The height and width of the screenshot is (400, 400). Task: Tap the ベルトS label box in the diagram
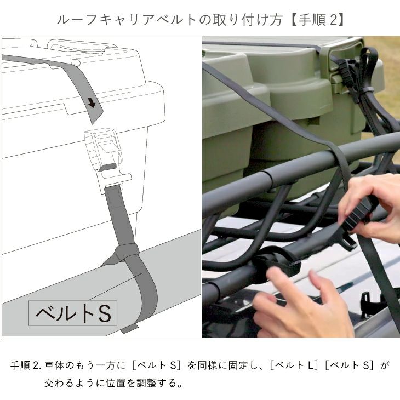[73, 313]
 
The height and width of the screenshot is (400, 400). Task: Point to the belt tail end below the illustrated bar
[129, 329]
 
